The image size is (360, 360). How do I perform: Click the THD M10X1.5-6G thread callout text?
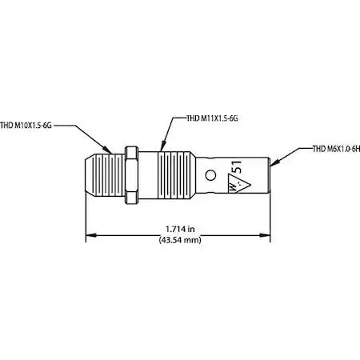tap(26, 126)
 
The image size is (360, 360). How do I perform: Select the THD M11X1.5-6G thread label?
tap(212, 118)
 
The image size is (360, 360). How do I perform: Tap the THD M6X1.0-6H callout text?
tap(336, 149)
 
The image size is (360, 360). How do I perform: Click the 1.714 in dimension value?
tap(180, 229)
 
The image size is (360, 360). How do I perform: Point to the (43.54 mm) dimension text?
tap(180, 240)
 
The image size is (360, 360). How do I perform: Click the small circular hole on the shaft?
tap(210, 175)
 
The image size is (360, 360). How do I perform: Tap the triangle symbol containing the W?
tap(239, 183)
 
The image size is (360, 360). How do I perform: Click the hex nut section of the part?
tap(131, 175)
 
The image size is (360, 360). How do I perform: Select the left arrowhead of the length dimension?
tap(91, 235)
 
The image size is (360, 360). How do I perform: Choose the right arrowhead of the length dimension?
tap(265, 235)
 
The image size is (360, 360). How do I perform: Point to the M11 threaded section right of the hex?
tap(174, 175)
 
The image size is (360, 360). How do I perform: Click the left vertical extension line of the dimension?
tap(86, 217)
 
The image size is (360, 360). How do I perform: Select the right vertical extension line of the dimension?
tap(270, 217)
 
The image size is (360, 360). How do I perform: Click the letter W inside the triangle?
tap(233, 186)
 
